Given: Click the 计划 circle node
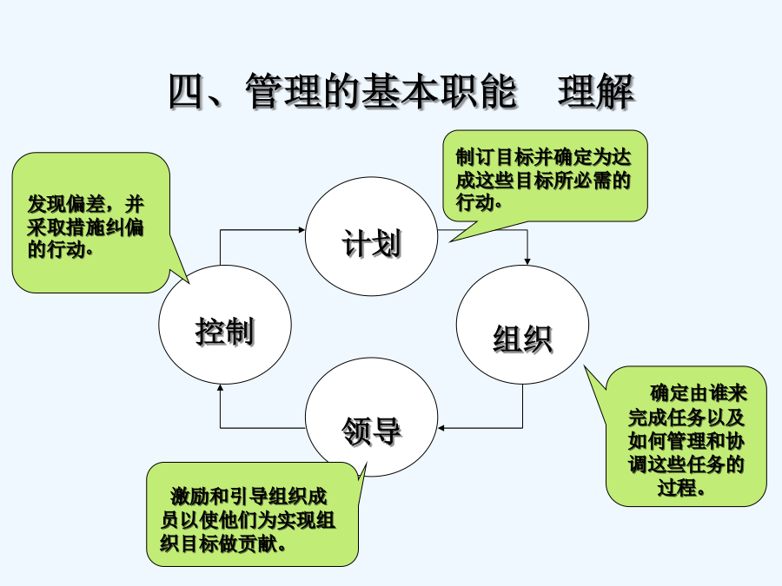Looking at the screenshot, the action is coord(372,236).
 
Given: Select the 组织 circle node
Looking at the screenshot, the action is coord(522,325).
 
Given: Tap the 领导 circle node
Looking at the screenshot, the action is coord(372,417).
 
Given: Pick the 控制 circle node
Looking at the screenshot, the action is coord(225,325).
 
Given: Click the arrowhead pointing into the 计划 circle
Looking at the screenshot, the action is coord(302,230).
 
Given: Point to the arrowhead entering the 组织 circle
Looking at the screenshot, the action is coord(527,261).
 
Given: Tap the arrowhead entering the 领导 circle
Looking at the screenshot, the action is coord(441,427).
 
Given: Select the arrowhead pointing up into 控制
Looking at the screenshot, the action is coord(220,388).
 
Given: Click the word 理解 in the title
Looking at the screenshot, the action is coord(595,91).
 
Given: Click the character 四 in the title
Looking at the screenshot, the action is coord(188,91).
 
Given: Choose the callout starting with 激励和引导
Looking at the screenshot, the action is coord(252,514).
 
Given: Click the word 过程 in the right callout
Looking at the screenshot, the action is coord(677,487).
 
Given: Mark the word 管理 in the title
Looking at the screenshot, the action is coord(283,91).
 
